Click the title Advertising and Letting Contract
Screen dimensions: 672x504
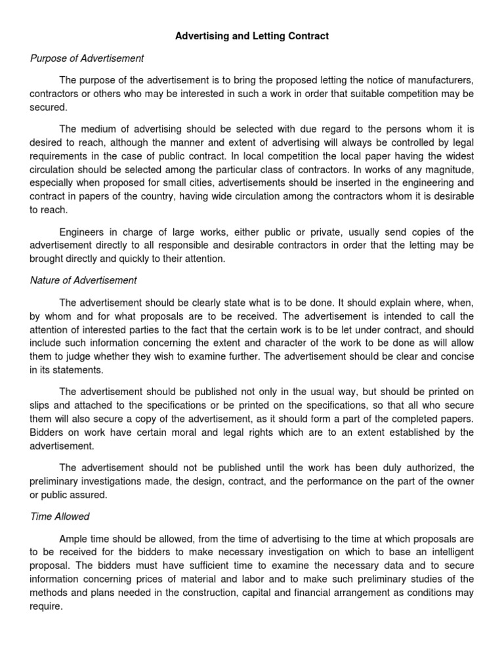point(252,36)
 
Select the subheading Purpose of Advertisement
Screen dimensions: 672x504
point(87,58)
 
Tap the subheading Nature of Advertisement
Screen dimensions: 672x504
point(83,280)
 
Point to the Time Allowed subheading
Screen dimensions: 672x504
point(60,516)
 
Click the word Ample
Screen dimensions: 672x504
point(72,539)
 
